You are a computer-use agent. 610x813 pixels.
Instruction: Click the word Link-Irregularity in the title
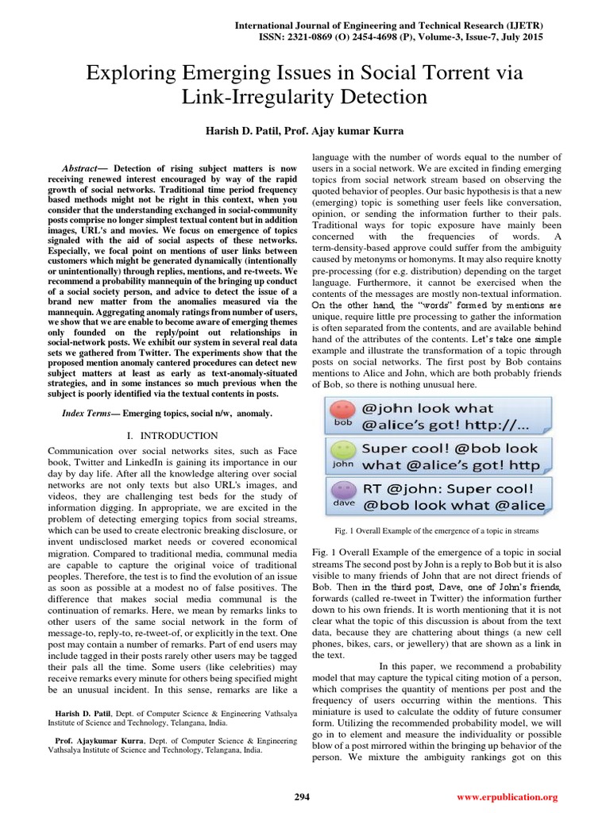(263, 98)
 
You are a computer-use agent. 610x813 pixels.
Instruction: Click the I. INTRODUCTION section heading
(172, 436)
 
